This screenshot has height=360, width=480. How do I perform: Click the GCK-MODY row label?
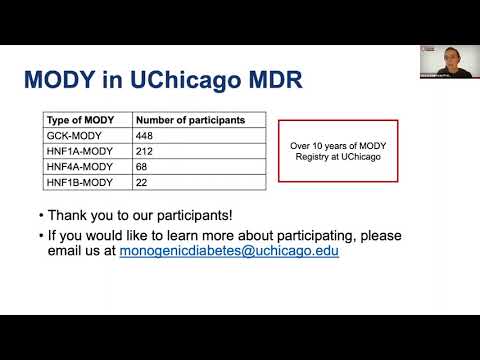coord(69,135)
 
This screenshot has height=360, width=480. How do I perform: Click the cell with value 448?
coord(145,135)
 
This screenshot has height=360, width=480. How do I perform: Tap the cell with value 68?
coord(141,167)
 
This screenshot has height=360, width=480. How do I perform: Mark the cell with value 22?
coord(141,183)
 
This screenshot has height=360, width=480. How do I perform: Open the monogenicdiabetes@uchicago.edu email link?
coord(229,252)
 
